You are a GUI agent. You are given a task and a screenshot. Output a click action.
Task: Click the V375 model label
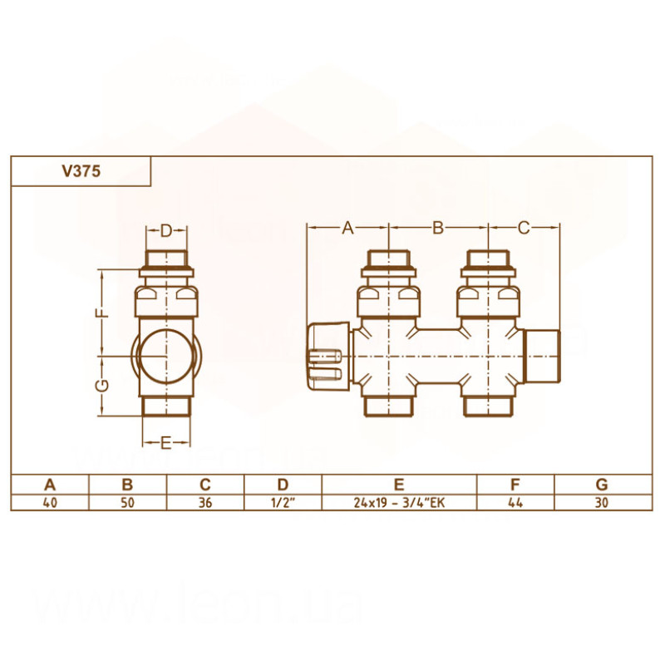[81, 171]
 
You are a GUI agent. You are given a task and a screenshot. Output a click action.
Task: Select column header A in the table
[50, 485]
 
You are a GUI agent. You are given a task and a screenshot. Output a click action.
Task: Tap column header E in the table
[399, 485]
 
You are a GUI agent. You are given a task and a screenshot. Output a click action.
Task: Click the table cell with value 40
[50, 502]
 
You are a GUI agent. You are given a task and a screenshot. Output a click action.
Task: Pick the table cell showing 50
[127, 502]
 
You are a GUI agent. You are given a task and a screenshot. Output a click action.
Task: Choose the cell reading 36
[205, 502]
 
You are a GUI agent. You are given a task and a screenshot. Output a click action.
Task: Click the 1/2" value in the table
[283, 502]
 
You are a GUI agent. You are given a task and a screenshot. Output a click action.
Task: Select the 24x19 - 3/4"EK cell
[399, 502]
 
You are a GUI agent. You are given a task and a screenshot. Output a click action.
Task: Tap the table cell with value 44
[515, 502]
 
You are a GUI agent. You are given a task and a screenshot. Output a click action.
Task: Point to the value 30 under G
[602, 502]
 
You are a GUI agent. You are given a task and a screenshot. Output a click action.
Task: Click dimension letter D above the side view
[165, 230]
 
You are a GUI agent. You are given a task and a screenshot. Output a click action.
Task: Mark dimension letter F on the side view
[99, 314]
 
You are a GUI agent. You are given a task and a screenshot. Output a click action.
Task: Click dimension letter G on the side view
[99, 386]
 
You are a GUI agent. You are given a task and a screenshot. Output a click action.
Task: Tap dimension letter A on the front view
[348, 227]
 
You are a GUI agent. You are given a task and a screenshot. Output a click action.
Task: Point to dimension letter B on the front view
[438, 227]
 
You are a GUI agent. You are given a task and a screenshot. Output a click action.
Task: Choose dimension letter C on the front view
[524, 227]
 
